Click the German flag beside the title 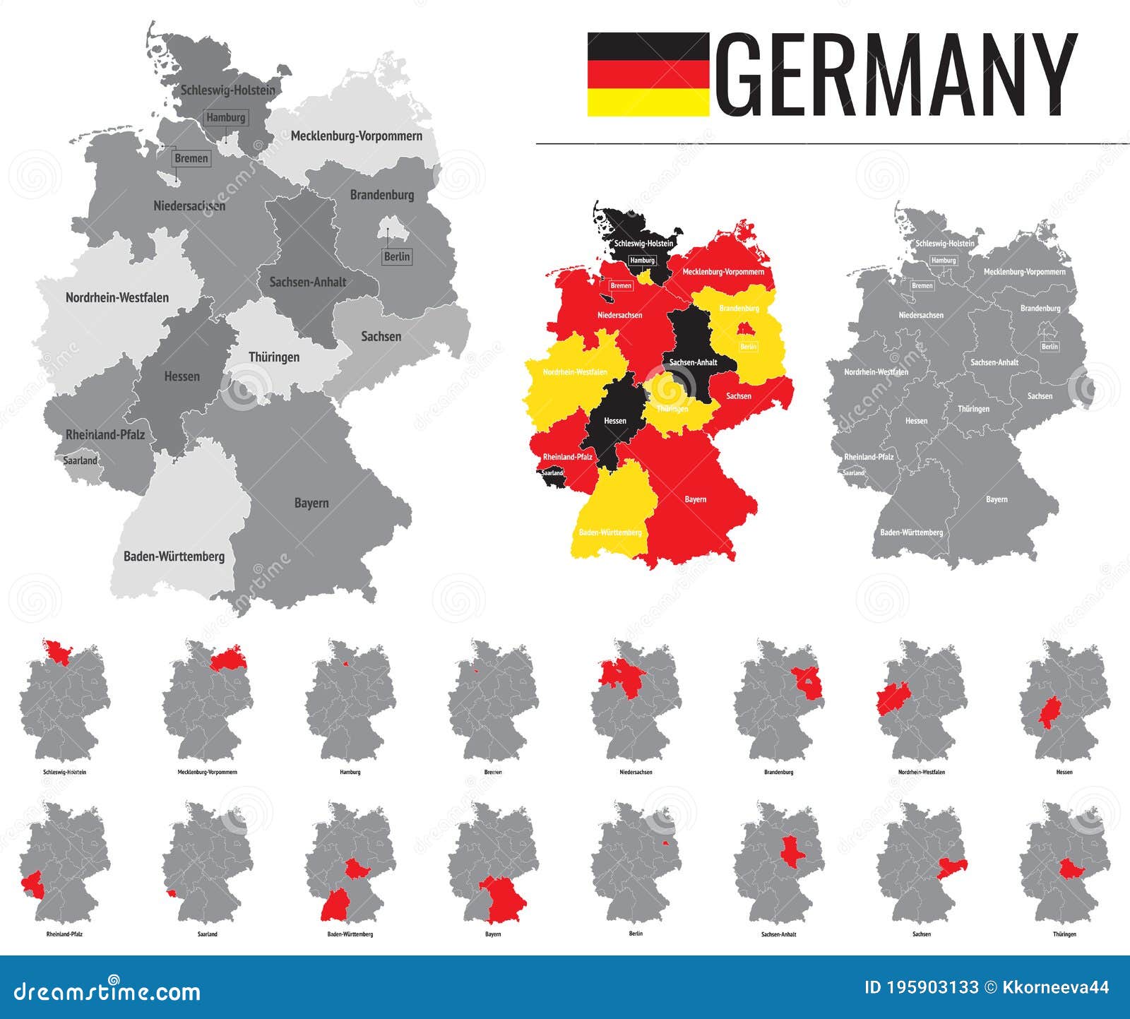point(648,74)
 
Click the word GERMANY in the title point(895,75)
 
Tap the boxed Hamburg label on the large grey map point(226,118)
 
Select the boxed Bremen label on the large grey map point(191,158)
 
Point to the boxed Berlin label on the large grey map point(397,256)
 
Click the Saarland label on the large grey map point(81,460)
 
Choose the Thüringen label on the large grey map point(274,357)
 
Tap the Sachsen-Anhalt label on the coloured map point(693,362)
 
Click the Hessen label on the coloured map point(615,421)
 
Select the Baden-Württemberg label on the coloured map point(610,532)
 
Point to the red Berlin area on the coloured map point(743,328)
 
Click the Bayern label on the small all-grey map point(997,499)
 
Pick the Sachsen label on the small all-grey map point(1040,396)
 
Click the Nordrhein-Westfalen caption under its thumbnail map point(921,773)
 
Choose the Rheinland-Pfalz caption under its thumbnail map point(64,934)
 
